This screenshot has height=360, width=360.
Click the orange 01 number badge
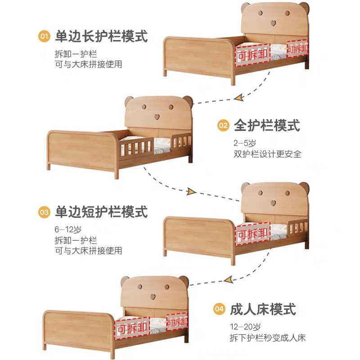(44, 36)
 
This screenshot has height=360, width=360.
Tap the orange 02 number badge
(223, 126)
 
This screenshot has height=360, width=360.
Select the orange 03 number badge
(44, 212)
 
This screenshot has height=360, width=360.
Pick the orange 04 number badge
(219, 309)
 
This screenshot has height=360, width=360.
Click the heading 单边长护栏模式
(101, 36)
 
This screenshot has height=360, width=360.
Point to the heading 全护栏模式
(267, 126)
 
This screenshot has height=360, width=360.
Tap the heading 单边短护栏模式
(101, 212)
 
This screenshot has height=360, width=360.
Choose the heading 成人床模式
(263, 309)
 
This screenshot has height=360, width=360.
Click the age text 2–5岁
(245, 143)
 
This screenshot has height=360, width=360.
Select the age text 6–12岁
(68, 229)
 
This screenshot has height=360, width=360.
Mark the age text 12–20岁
(245, 327)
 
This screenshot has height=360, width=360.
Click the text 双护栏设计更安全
(267, 154)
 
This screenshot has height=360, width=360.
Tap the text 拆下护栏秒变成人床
(268, 338)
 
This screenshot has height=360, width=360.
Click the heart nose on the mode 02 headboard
(157, 117)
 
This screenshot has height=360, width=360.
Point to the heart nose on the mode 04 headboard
(153, 297)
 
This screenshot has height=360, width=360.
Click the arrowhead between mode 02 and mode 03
(191, 191)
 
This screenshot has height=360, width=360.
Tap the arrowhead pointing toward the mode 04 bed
(229, 280)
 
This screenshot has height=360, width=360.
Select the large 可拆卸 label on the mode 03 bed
(252, 234)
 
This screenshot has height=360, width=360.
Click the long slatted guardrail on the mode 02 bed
(136, 148)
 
